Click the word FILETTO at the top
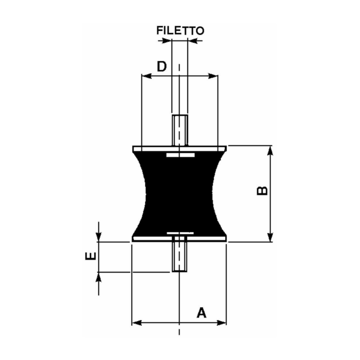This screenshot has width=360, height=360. (x=180, y=31)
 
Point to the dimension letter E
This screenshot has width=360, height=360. (x=91, y=256)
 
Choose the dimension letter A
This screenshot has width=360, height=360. (x=202, y=312)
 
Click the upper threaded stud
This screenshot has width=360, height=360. (x=180, y=130)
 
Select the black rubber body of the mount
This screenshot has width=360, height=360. (x=180, y=193)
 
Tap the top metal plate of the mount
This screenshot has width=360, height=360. (x=180, y=148)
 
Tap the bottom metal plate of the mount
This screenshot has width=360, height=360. (x=180, y=239)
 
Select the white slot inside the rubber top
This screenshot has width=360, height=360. (x=180, y=155)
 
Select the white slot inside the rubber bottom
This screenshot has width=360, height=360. (x=180, y=233)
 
